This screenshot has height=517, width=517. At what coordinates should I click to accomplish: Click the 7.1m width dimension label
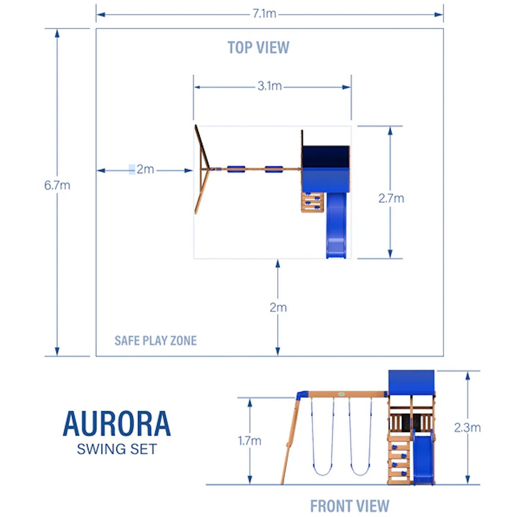(264, 14)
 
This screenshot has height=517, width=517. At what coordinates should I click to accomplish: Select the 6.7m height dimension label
(57, 186)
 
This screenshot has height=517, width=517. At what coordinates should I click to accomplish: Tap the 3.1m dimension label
(270, 86)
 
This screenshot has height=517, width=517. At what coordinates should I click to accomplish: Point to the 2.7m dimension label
(391, 198)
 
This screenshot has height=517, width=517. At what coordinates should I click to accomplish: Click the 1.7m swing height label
(249, 441)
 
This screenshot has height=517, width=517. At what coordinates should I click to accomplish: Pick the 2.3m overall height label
(467, 428)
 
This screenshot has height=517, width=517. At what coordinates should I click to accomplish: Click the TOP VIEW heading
(258, 47)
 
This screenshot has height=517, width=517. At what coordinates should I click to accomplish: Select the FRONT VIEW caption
(349, 506)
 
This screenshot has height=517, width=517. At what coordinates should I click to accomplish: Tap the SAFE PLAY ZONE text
(156, 341)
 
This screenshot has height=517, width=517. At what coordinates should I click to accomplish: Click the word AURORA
(117, 424)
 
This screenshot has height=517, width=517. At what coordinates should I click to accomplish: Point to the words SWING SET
(117, 449)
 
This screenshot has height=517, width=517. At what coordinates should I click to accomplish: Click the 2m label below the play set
(278, 308)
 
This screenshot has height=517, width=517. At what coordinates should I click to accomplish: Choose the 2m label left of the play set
(145, 169)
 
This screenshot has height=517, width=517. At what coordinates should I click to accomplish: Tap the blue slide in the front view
(423, 459)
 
